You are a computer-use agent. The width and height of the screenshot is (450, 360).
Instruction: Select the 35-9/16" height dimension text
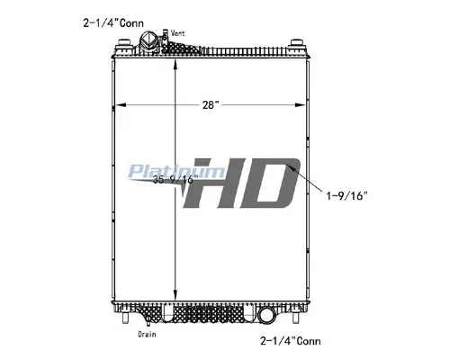175,180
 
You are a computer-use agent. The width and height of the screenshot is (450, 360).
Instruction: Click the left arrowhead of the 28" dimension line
121,106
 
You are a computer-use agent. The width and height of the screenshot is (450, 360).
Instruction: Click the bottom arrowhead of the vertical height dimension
174,302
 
